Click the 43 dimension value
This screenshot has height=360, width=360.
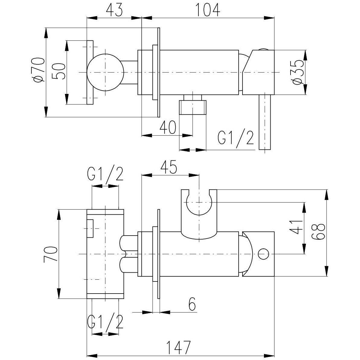[114, 10]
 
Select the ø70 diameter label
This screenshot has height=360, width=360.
[39, 70]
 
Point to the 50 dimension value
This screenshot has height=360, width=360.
[59, 71]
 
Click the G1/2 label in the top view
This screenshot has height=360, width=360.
[235, 138]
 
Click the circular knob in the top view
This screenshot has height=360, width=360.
[105, 73]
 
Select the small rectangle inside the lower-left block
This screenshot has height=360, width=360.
[91, 229]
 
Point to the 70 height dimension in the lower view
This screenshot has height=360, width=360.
[50, 254]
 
